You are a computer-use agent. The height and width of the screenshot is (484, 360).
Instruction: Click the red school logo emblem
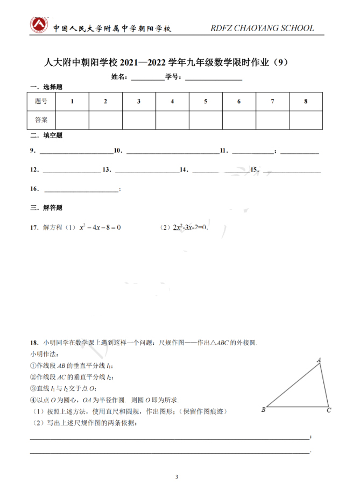(39, 26)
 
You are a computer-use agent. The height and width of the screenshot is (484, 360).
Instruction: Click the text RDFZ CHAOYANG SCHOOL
(262, 29)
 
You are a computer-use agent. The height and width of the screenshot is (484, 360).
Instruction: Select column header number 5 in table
(206, 101)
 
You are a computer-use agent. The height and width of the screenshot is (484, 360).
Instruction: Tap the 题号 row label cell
(41, 101)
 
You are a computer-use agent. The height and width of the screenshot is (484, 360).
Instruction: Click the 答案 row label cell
(41, 120)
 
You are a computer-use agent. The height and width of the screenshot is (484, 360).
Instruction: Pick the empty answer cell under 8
(306, 120)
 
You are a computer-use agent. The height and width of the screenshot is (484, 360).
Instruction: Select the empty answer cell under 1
(72, 120)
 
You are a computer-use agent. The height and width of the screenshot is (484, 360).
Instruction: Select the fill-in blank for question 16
(81, 189)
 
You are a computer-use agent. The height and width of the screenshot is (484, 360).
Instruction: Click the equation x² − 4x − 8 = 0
(100, 227)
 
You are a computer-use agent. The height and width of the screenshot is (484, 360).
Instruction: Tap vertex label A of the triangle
(319, 360)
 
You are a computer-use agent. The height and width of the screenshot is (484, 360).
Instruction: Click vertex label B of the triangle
(263, 410)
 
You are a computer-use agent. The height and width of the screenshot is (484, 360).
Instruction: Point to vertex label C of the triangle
(329, 410)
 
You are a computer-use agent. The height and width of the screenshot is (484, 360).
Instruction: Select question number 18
(33, 342)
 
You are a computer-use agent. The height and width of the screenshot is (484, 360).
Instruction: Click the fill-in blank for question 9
(75, 152)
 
